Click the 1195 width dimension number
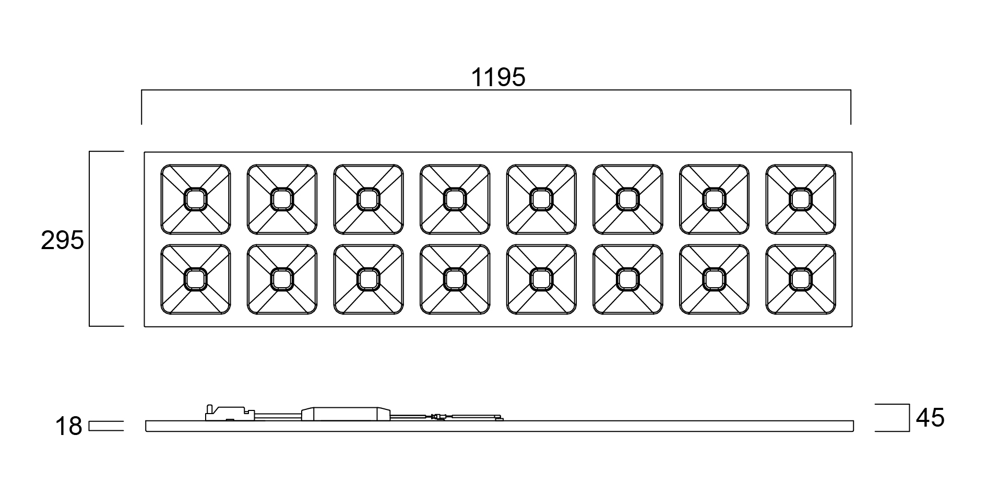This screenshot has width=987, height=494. click(498, 77)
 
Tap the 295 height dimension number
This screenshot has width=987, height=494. click(63, 241)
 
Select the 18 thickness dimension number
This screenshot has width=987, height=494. click(68, 427)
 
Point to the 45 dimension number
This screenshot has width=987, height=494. click(930, 418)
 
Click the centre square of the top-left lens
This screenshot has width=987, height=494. click(195, 199)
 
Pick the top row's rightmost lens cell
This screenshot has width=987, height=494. click(801, 199)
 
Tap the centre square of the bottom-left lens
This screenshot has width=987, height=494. click(195, 279)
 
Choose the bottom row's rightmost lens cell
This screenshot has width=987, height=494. click(801, 279)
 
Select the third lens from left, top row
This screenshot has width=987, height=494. click(368, 199)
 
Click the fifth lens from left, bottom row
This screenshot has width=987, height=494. click(541, 279)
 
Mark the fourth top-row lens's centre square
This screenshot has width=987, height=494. click(455, 199)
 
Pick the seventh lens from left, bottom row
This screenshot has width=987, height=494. click(714, 279)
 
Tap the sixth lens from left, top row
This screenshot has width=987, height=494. click(628, 199)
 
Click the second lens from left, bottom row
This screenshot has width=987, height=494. click(282, 279)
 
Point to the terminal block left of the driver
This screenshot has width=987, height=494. click(230, 413)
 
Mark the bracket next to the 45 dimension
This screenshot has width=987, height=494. click(909, 418)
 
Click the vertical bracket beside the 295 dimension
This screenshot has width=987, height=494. click(90, 239)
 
